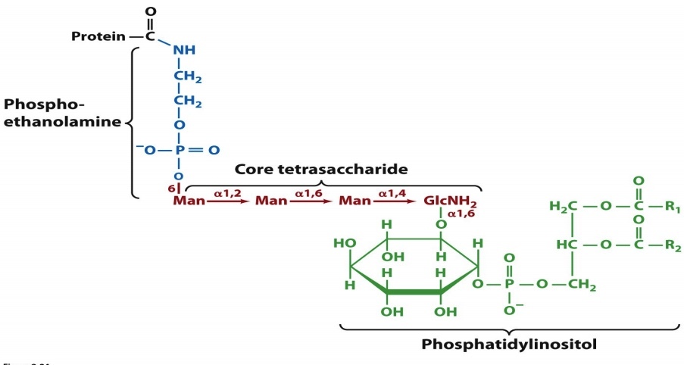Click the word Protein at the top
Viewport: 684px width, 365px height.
[98, 36]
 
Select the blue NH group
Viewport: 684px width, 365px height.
[183, 51]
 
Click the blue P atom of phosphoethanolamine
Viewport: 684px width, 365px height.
[179, 150]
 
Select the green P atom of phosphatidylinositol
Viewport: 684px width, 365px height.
[508, 285]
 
